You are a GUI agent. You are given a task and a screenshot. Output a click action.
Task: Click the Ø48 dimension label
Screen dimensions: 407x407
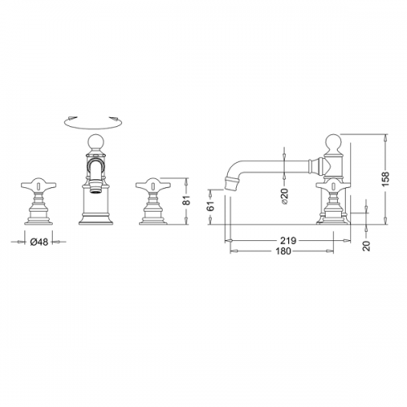point(39,242)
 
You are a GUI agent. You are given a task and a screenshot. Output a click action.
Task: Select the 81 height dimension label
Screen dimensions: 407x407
point(187,201)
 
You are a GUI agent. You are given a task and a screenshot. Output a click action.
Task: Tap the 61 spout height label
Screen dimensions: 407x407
point(211,206)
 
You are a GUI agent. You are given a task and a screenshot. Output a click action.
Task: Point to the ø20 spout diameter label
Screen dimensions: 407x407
point(284,196)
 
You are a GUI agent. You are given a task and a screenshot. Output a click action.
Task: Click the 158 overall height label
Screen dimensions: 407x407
point(385,179)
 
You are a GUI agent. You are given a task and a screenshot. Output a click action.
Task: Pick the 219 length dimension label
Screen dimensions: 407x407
point(288,241)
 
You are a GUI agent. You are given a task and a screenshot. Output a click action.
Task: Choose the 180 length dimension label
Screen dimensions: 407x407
point(283,252)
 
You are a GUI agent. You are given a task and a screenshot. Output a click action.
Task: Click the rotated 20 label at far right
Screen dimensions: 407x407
point(366,246)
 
